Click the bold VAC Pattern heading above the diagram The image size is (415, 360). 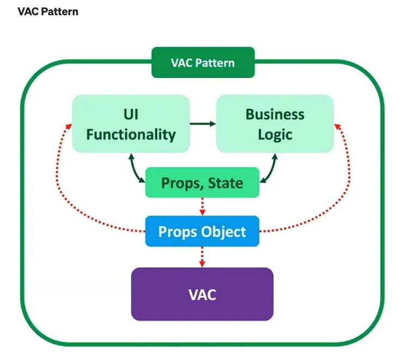(x=48, y=11)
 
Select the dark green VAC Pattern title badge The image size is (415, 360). (x=203, y=63)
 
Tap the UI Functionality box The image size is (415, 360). (x=131, y=124)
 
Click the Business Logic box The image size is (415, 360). (x=274, y=124)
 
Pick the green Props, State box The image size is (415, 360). (x=202, y=182)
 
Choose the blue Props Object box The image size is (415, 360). (x=202, y=231)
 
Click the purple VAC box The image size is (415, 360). (x=202, y=294)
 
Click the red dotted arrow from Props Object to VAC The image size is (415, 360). (x=202, y=257)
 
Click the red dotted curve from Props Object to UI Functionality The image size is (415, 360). (x=65, y=185)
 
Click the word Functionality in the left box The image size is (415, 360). (x=131, y=134)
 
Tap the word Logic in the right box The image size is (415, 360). (x=275, y=134)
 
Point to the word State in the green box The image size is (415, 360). (x=225, y=183)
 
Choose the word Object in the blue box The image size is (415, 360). (x=222, y=232)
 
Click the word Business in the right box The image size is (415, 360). (x=275, y=114)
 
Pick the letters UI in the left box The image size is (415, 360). (x=131, y=114)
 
